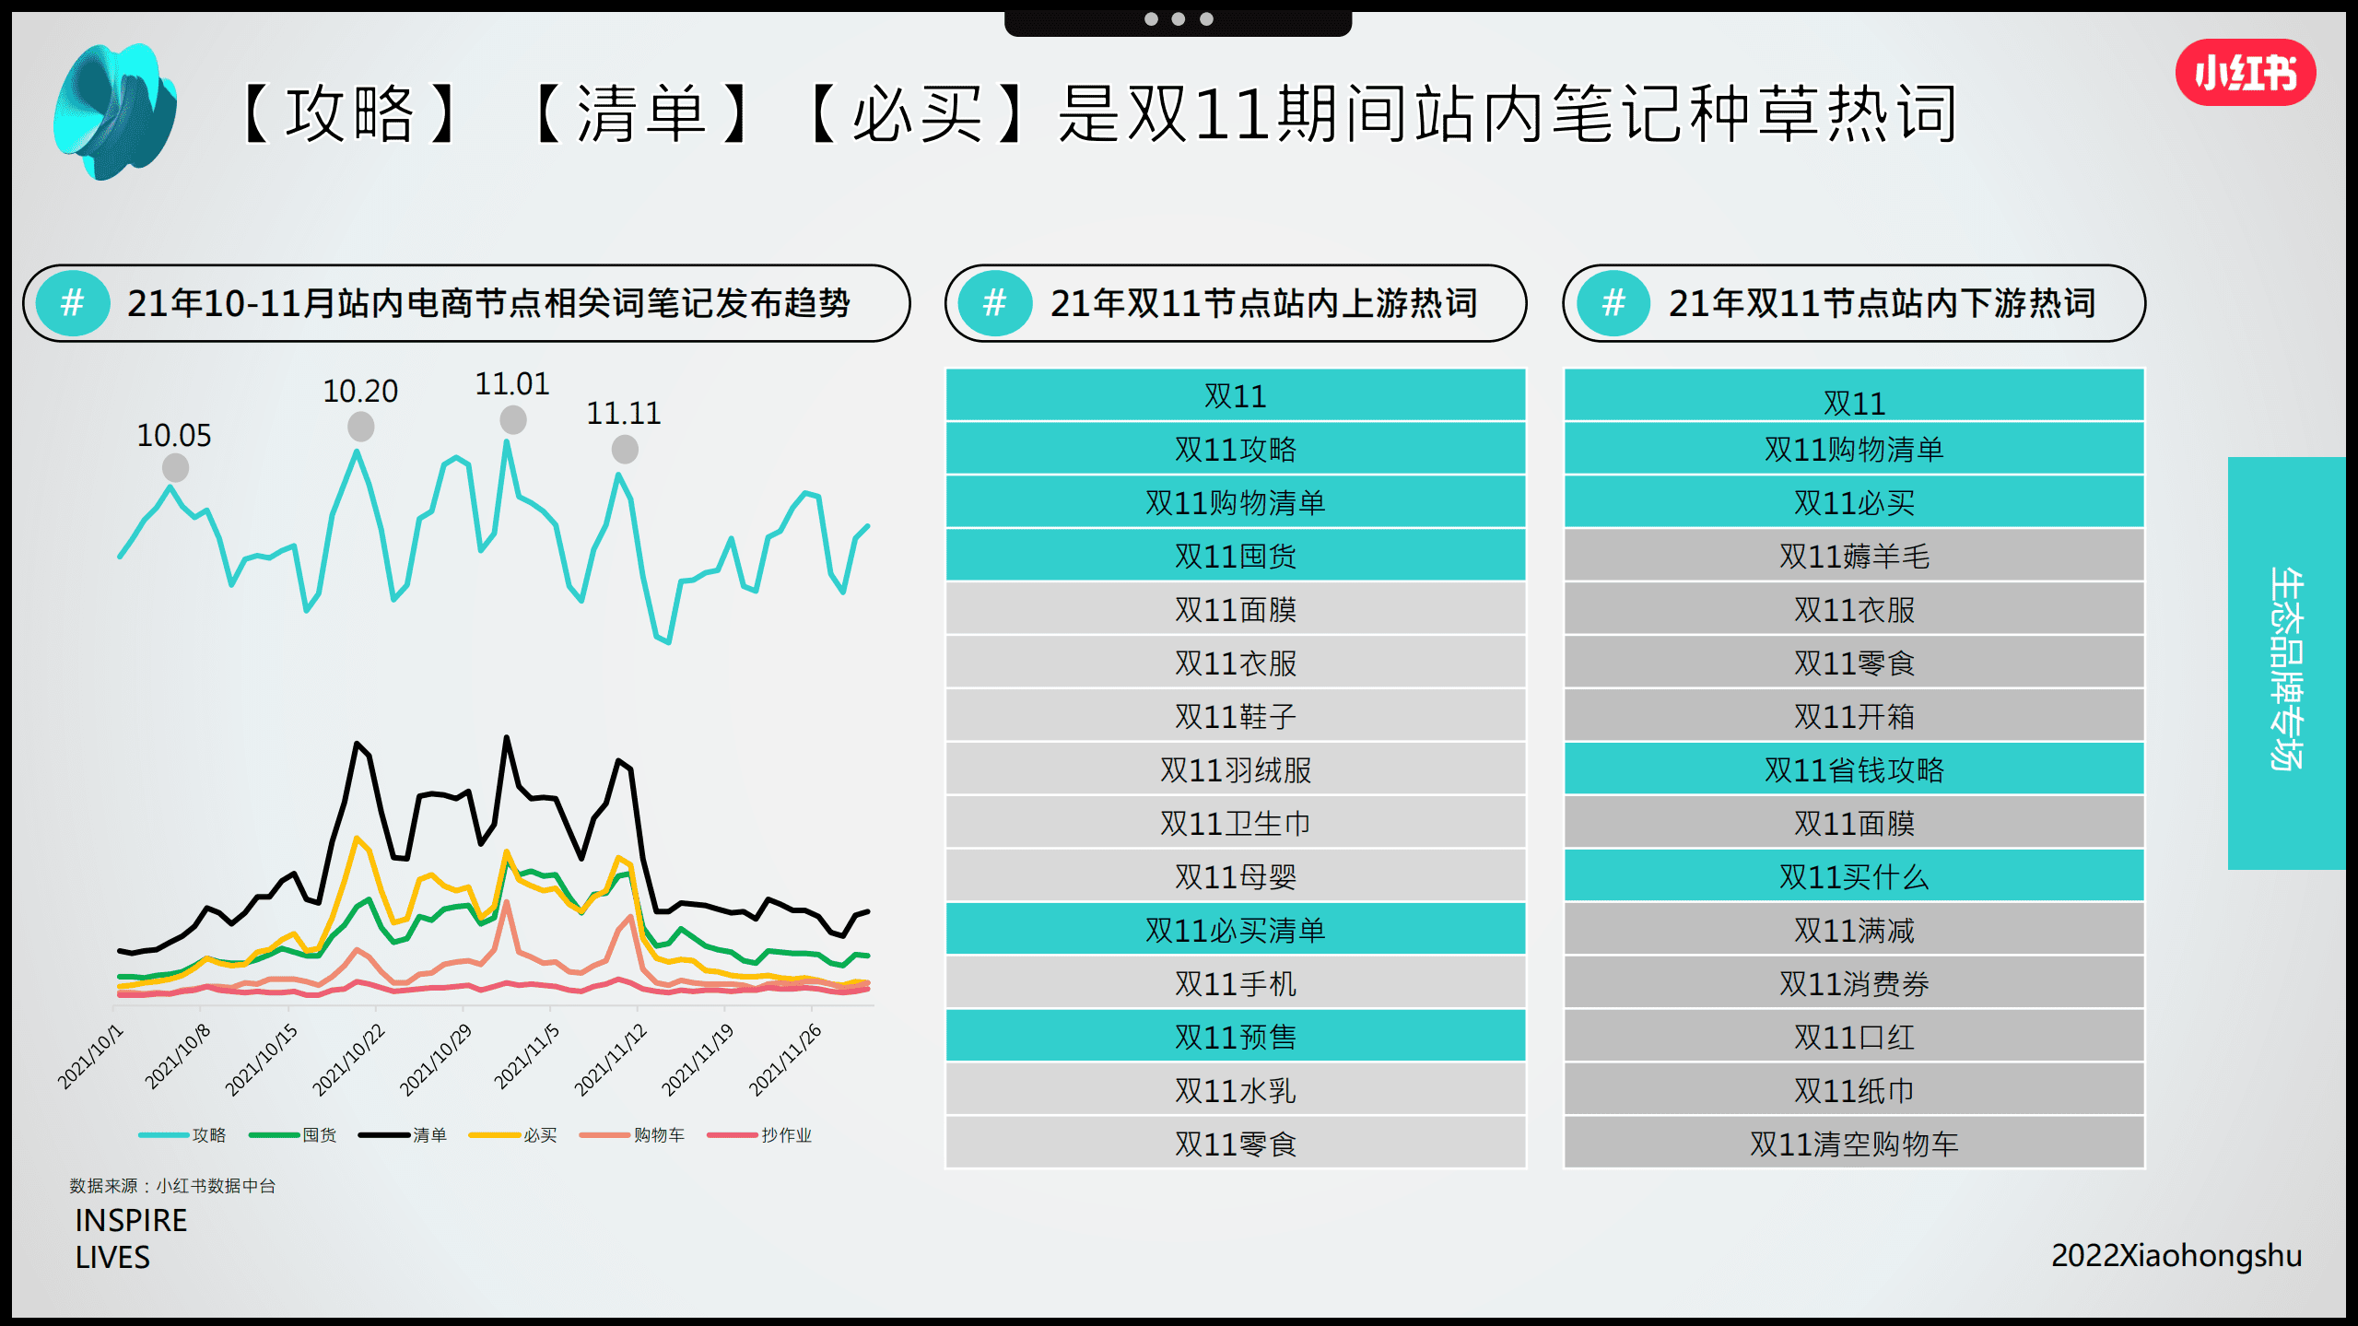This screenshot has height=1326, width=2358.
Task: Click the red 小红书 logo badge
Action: (2245, 73)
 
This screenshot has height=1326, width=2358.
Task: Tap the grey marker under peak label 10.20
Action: (360, 427)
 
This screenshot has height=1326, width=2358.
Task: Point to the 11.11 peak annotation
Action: (624, 413)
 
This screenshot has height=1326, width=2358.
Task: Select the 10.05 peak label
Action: (173, 435)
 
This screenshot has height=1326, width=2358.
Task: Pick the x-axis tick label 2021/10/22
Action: (349, 1060)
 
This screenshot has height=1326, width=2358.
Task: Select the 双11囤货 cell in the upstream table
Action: (1235, 556)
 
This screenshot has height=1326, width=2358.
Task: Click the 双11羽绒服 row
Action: (1235, 769)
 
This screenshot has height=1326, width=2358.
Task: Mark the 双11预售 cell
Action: (1235, 1037)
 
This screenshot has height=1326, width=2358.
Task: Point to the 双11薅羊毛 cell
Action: (1853, 556)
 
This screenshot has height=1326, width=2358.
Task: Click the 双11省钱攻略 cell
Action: (1853, 769)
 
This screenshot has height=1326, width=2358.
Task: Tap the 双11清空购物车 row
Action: (1853, 1144)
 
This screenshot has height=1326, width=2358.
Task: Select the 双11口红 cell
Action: (1853, 1037)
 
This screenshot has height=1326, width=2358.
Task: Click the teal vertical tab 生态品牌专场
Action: (2285, 663)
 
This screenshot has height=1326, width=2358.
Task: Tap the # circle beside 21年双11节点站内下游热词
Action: (1613, 303)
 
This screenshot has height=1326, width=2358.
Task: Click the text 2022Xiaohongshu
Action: (2176, 1255)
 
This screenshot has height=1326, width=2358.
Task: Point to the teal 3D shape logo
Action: (115, 111)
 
